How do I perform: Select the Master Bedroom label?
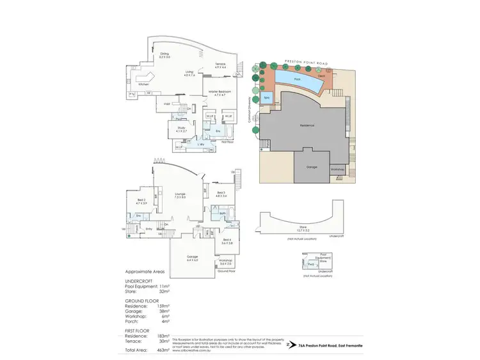(x=219, y=91)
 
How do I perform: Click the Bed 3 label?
(x=220, y=192)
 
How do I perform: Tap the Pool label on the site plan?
(x=297, y=79)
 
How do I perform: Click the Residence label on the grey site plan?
(x=307, y=125)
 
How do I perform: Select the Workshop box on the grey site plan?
(x=337, y=169)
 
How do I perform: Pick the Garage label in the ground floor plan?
(x=192, y=259)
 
